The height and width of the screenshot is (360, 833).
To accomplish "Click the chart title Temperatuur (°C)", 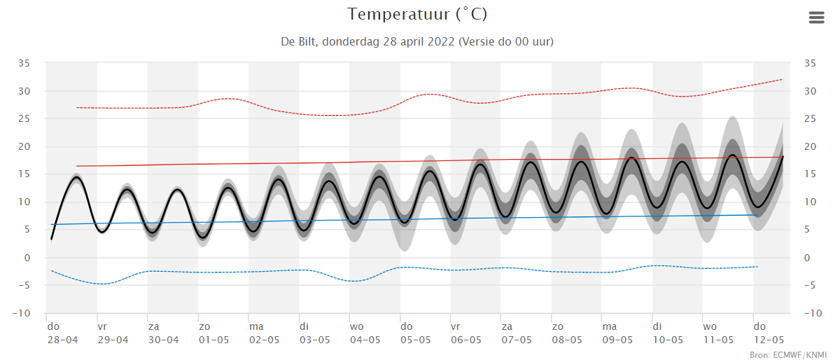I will pos(417,14).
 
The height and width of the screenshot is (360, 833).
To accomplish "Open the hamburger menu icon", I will pos(816,18).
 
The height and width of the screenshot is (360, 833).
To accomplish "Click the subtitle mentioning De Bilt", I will pos(417,41).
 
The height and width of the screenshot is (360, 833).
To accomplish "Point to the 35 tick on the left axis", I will pos(24,63).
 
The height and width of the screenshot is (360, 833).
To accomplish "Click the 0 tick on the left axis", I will pos(28,258).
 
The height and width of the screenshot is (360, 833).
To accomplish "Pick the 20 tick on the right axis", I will pos(810,146).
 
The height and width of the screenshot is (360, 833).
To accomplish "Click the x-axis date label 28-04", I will pos(62,340).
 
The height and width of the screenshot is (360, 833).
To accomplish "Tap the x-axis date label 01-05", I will pos(213,340).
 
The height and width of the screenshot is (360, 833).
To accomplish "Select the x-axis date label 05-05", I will pos(416,340).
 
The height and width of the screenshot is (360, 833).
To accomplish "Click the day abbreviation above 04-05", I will pos(357,326).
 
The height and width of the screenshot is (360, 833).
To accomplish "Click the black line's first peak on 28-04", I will pos(76,177).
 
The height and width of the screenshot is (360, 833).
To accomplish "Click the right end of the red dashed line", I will pos(782,79).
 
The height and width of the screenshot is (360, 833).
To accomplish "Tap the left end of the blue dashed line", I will pos(52,270).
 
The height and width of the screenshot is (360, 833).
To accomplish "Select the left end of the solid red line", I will pos(76,166).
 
